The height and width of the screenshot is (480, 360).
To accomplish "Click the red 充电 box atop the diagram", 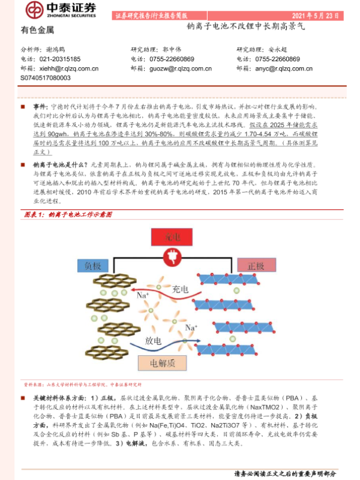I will [179, 238].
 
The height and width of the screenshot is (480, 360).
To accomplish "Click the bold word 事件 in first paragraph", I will [40, 106].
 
